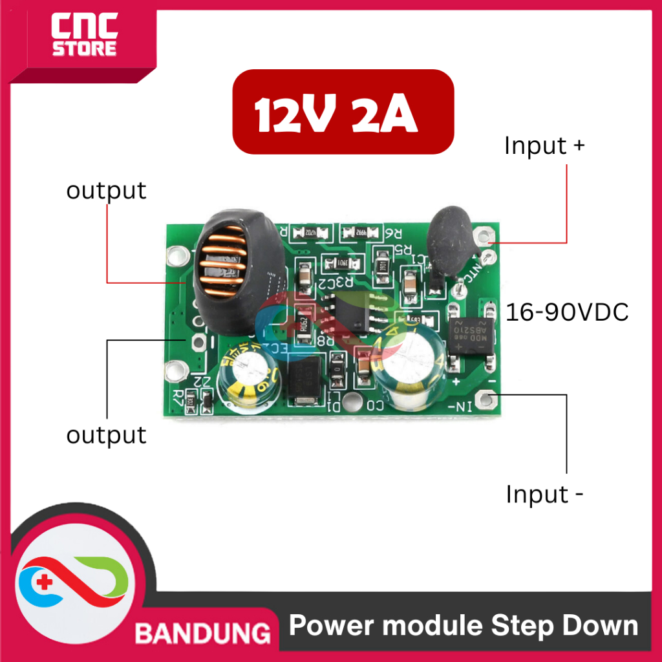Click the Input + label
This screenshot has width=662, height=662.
(544, 145)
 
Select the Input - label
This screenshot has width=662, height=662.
(544, 495)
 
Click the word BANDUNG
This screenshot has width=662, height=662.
(202, 633)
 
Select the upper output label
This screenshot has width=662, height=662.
(107, 191)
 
